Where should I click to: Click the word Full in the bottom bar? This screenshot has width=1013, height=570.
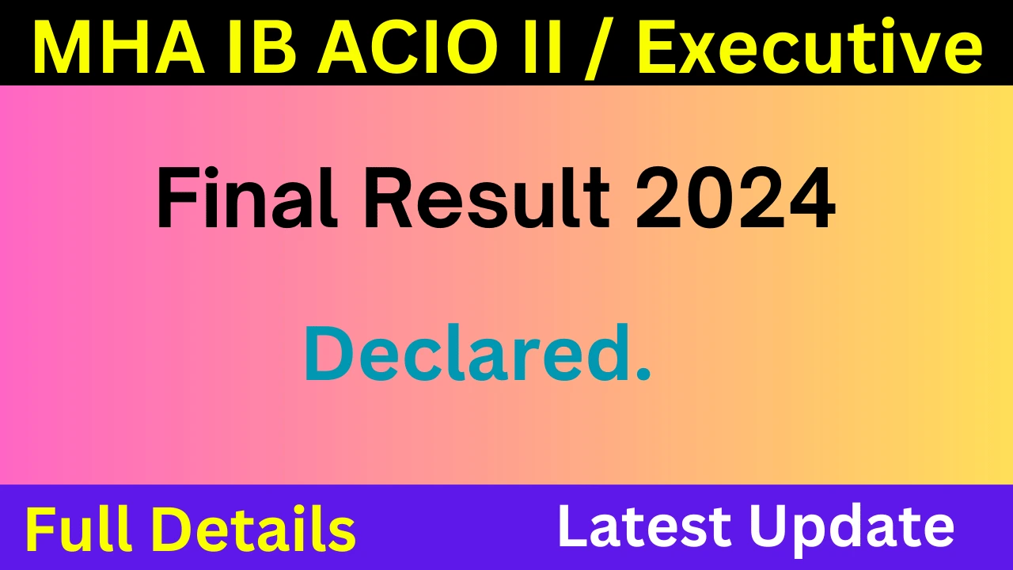click(84, 528)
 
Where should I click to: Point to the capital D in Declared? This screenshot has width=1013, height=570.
click(326, 353)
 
